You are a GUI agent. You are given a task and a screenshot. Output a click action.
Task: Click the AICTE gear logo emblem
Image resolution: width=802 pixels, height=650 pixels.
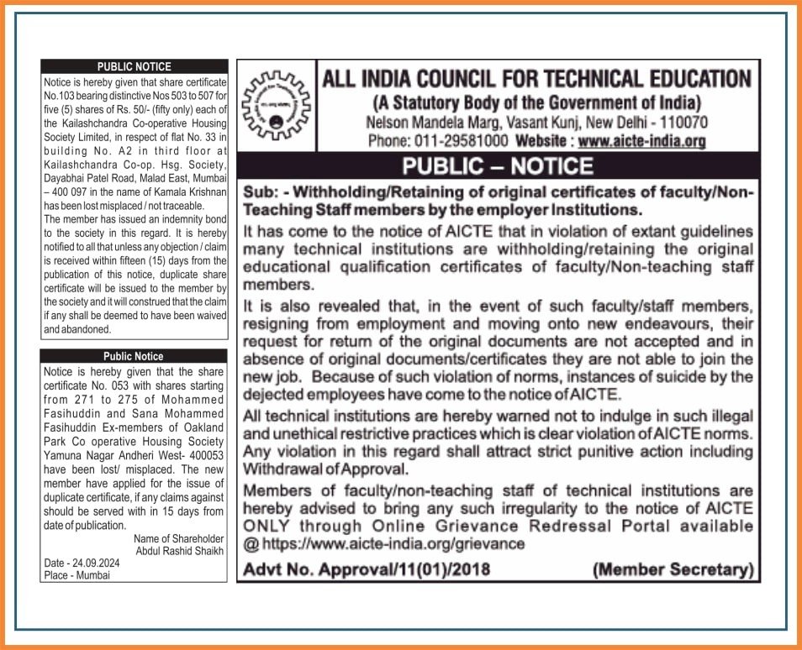click(277, 107)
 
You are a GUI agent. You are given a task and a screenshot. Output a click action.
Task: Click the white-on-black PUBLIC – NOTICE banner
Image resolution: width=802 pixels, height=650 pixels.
click(498, 165)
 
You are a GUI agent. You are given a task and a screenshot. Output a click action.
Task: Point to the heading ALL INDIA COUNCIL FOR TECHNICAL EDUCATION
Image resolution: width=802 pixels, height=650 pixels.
click(536, 80)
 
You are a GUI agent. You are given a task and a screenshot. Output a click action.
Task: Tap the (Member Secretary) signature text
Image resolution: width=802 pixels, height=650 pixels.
click(672, 570)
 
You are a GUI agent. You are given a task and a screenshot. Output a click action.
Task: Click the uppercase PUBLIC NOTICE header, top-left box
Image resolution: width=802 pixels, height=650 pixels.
click(135, 66)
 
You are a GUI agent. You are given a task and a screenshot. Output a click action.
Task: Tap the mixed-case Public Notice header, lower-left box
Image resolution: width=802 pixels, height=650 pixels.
click(134, 356)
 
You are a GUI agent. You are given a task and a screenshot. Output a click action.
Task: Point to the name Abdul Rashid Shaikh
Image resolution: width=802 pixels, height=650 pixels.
click(180, 551)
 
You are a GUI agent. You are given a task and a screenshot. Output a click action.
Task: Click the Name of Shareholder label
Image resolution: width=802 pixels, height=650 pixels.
click(179, 538)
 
